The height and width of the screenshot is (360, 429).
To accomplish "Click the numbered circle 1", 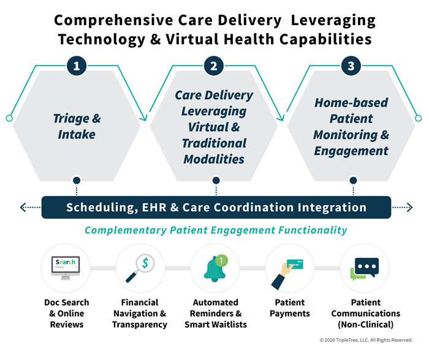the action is point(77,66).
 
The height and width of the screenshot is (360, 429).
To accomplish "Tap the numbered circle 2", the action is point(214,66).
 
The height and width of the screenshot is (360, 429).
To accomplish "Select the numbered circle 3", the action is point(351,66).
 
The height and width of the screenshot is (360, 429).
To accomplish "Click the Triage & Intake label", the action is point(77,126).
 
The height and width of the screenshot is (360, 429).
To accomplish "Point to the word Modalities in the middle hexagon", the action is point(214,159).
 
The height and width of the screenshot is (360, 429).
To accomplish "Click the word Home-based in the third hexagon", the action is point(351,103).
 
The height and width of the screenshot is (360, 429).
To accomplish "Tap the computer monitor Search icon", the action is point(66,268).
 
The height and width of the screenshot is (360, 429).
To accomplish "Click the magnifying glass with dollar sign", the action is point(140,268).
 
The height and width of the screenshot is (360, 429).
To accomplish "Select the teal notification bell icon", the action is point(215,269).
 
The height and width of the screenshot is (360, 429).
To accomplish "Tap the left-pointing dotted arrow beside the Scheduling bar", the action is point(30,207).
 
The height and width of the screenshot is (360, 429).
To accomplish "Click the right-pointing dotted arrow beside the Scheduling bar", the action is point(402,207).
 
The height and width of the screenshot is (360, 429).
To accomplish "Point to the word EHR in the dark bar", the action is point(154,208).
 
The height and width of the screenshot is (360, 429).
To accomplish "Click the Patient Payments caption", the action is point(290,308).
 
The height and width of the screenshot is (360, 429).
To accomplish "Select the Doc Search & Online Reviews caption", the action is point(67,313).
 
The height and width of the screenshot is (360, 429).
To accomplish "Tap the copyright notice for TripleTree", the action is point(366,340).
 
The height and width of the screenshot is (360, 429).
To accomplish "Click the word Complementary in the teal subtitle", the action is point(126,230).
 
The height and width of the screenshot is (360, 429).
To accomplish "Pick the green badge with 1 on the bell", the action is point(222,260).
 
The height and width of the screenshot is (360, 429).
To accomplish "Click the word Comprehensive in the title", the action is point(113,21).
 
